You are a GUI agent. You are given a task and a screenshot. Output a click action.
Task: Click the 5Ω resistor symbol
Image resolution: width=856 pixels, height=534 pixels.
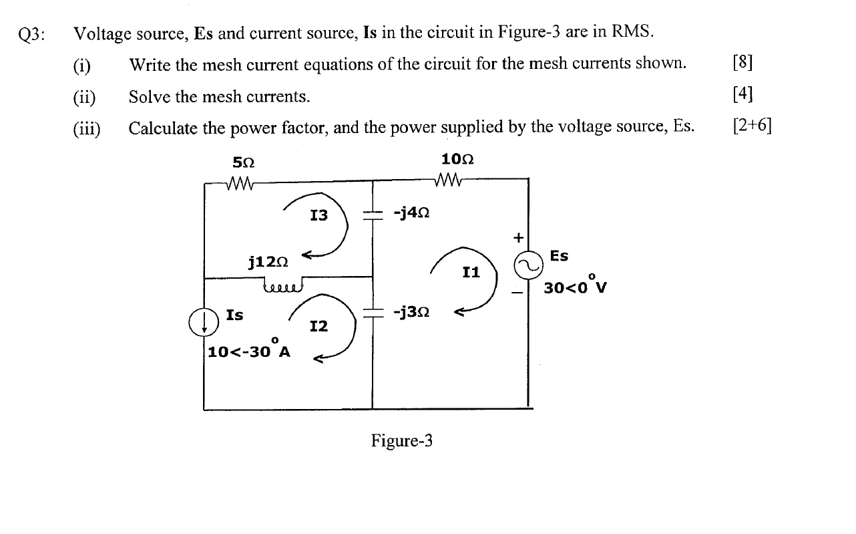click(238, 182)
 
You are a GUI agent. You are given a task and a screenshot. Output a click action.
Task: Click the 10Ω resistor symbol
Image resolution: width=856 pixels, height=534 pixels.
click(448, 180)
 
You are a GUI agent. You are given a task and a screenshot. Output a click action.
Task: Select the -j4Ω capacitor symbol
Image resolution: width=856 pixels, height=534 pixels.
click(371, 214)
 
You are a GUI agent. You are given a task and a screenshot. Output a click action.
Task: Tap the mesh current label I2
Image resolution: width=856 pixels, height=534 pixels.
click(318, 326)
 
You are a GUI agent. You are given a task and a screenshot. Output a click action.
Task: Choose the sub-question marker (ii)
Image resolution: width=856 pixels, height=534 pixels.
click(85, 98)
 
